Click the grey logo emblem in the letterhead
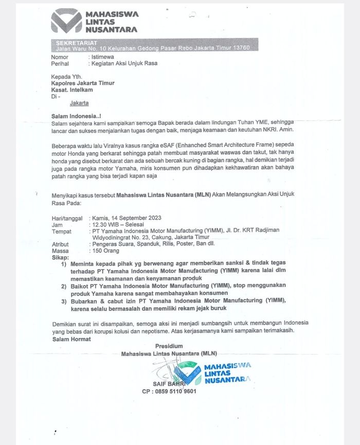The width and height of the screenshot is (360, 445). pos(66,21)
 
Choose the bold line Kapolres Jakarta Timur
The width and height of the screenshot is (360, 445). pos(83,82)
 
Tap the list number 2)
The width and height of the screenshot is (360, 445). pos(64,285)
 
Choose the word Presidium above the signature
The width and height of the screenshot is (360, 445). pos(169,346)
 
